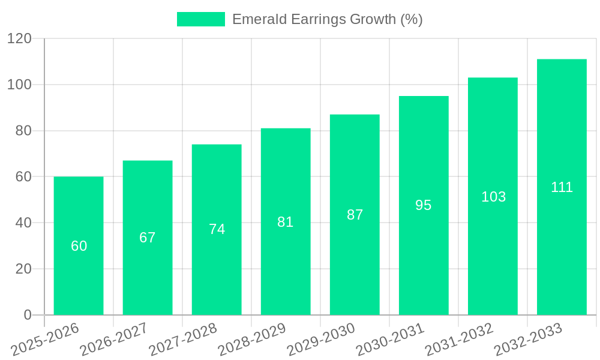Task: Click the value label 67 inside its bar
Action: click(x=148, y=238)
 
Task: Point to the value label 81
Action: click(x=286, y=222)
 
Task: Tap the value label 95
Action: click(x=424, y=205)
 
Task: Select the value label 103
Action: click(x=493, y=197)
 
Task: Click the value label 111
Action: click(x=562, y=187)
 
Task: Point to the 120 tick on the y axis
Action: click(x=19, y=39)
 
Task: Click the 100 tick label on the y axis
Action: click(x=19, y=85)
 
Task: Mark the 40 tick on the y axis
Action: click(x=23, y=223)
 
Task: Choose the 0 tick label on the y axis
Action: click(x=27, y=315)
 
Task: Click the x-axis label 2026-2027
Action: click(x=114, y=339)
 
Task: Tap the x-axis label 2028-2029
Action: click(x=252, y=339)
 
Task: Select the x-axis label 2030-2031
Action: click(x=390, y=339)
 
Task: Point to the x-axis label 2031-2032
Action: click(x=459, y=339)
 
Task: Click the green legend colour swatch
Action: click(x=201, y=19)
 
